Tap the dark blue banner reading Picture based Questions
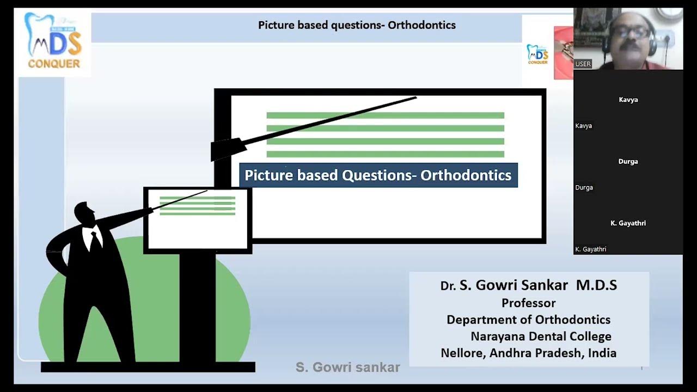tap(378, 175)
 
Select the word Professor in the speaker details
tap(528, 303)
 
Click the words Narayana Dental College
tap(541, 336)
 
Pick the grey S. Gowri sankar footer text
tap(347, 367)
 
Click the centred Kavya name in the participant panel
tap(628, 100)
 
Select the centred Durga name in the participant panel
tap(628, 161)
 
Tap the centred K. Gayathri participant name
tap(628, 223)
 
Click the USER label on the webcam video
tap(583, 64)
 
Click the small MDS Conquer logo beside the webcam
tap(537, 54)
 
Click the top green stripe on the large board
tap(385, 115)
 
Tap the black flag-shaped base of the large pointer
tap(225, 149)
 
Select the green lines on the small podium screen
tap(197, 206)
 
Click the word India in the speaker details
tap(602, 353)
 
